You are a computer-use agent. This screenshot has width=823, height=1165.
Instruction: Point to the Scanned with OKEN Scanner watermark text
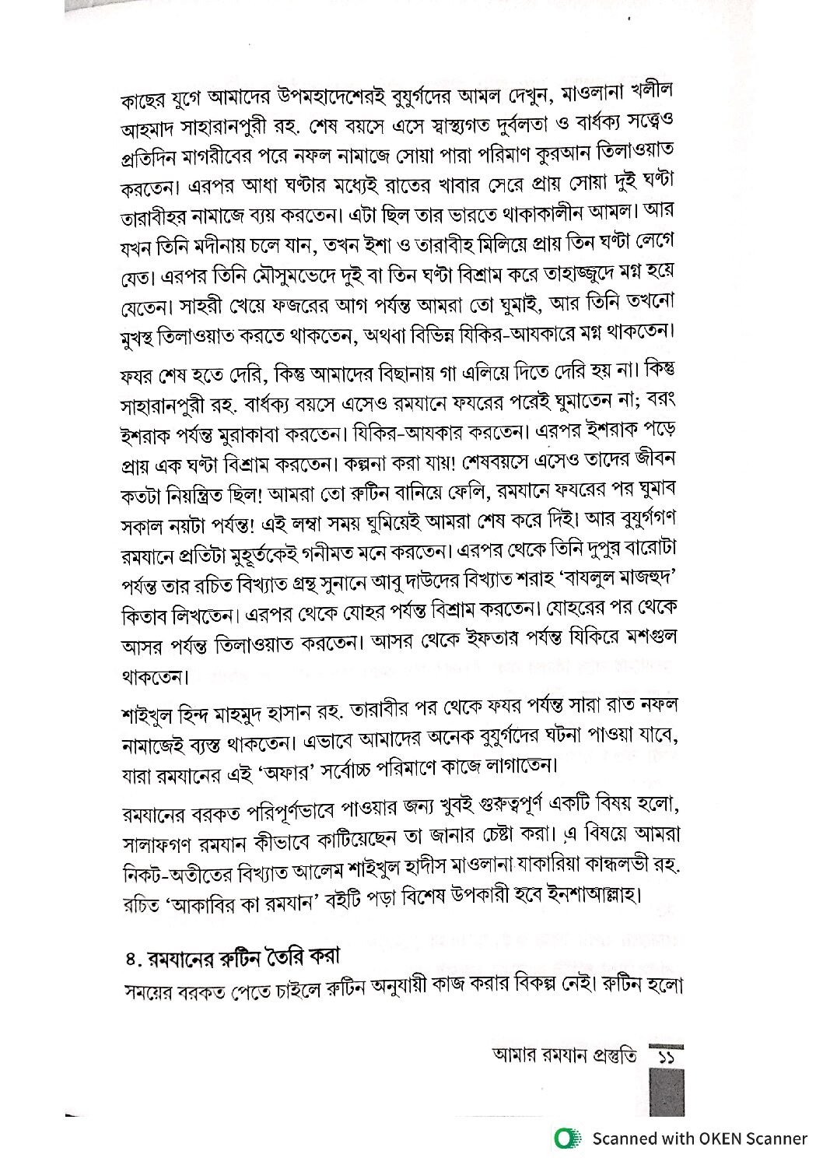699,1139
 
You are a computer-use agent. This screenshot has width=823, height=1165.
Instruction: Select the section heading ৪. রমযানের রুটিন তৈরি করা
233,956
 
